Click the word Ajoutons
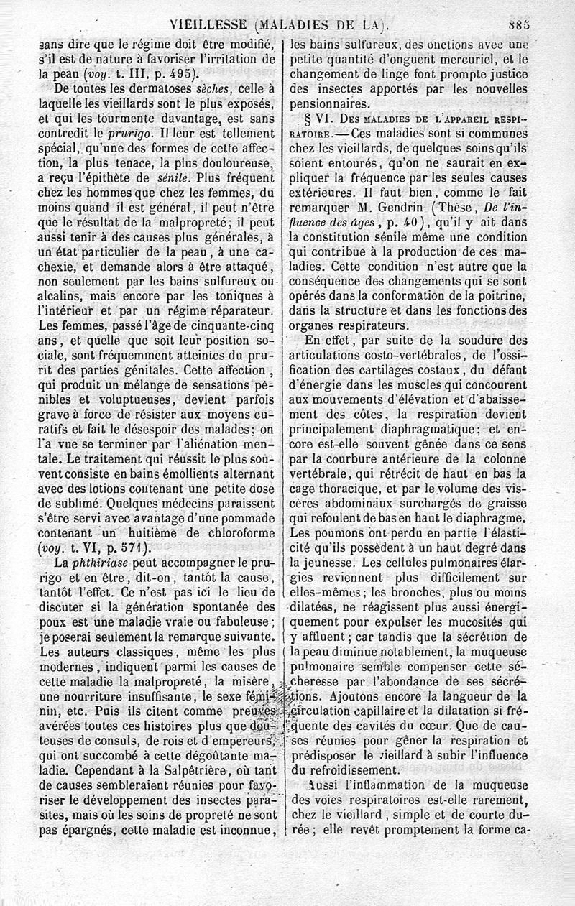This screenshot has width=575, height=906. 356,696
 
